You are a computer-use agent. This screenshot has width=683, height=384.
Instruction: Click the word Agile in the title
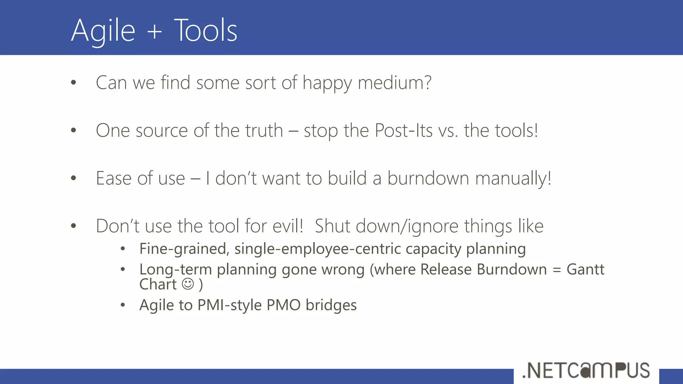click(103, 31)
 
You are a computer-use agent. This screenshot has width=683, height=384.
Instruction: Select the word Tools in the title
click(205, 31)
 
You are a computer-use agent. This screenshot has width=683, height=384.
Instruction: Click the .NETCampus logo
click(586, 370)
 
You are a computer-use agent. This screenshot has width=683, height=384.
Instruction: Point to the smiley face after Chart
click(188, 284)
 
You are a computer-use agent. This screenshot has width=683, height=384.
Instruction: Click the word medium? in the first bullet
click(395, 83)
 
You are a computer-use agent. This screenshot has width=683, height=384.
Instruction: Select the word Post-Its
click(404, 130)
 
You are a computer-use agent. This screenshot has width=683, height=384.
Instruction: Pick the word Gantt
click(585, 269)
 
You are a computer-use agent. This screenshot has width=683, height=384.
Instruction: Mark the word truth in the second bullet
click(264, 130)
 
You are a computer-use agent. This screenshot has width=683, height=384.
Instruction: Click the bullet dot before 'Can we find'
click(73, 83)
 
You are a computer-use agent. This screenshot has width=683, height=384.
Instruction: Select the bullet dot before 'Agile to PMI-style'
click(123, 305)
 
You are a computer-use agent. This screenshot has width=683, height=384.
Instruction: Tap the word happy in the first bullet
click(327, 83)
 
